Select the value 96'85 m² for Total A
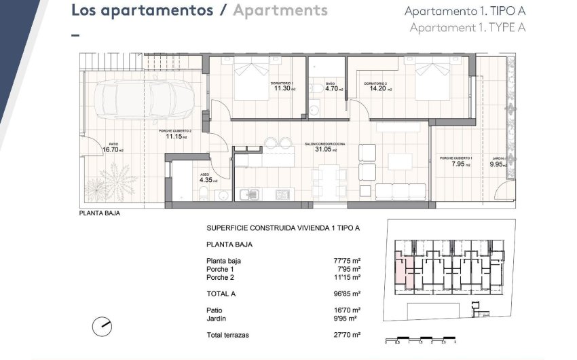point(348,293)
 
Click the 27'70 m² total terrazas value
point(348,335)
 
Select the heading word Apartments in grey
point(280,10)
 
